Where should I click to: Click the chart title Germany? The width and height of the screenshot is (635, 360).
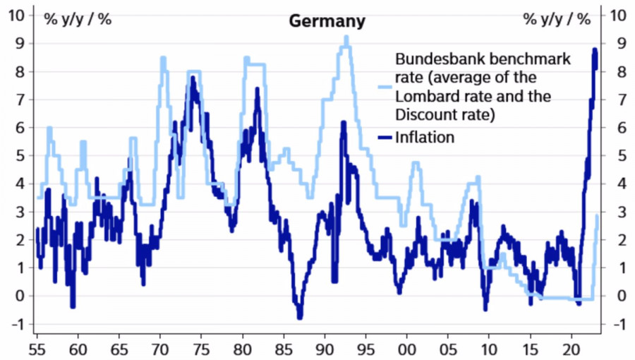(x=327, y=21)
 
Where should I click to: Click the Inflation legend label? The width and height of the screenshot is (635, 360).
(x=425, y=137)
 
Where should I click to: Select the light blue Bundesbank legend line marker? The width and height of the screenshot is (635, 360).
(x=385, y=87)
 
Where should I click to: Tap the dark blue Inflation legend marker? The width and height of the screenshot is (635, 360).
(x=385, y=138)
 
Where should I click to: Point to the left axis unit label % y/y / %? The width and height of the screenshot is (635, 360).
(x=78, y=19)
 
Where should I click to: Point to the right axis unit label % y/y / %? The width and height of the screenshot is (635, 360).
(x=557, y=19)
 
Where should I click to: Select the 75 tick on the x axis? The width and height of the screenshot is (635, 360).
(x=201, y=348)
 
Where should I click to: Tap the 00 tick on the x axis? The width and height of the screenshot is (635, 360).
(x=407, y=348)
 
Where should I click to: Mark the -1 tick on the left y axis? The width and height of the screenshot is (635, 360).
(x=17, y=324)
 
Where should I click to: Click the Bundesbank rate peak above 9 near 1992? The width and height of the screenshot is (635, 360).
(x=346, y=37)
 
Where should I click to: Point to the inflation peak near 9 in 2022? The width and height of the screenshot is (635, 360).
(x=595, y=50)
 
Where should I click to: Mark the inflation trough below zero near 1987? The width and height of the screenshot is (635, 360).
(x=299, y=317)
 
